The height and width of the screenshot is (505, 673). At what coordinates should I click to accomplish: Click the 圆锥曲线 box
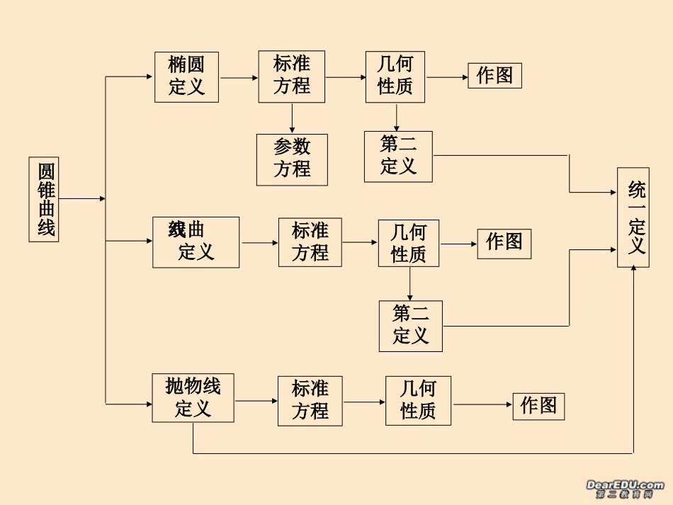coord(47,199)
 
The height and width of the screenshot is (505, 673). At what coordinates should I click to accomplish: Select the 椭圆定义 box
coord(186,76)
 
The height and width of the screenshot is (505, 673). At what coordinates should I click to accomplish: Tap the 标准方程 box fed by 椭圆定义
coord(292,76)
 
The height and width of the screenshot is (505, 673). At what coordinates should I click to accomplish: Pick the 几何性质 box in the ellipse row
coord(395,76)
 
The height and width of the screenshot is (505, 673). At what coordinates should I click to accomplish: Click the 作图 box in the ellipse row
coord(494,76)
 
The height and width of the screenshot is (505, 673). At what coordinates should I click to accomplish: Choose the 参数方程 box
coord(292,159)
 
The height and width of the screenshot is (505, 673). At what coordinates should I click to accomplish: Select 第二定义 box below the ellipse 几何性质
coord(398,157)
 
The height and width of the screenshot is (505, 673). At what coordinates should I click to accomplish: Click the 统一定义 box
coord(633,217)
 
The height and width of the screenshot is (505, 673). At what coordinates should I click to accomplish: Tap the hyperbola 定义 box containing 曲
coord(196,242)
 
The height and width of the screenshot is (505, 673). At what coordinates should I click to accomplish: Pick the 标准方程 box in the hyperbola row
coord(310,242)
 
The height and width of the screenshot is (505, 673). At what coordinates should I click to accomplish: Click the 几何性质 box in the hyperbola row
coord(409,243)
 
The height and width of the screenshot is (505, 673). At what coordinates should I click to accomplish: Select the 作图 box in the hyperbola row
coord(504,243)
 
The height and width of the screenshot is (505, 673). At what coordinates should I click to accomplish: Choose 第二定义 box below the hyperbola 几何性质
coord(410,326)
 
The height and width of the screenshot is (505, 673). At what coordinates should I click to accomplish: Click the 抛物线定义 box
coord(193,398)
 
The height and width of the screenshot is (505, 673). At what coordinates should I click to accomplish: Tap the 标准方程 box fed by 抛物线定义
coord(310,400)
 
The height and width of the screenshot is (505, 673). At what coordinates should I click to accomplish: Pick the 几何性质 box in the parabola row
coord(418,400)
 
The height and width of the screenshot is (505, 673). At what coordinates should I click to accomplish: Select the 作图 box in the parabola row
coord(538,406)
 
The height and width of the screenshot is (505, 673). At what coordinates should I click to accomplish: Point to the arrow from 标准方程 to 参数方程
coord(292,118)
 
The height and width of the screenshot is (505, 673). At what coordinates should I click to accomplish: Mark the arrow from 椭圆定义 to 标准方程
coord(238,76)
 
